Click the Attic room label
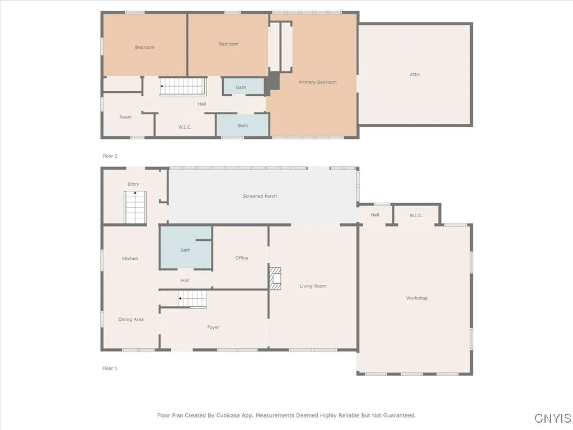click(x=415, y=74)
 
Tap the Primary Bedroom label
click(x=317, y=82)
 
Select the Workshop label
click(x=416, y=298)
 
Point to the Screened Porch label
click(x=260, y=197)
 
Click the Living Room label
click(x=313, y=286)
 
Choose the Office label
click(x=241, y=258)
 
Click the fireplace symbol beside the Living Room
click(x=275, y=278)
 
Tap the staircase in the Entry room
click(x=135, y=207)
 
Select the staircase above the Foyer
click(x=192, y=299)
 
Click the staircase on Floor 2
click(x=184, y=87)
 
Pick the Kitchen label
click(x=130, y=259)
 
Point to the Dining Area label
click(x=131, y=320)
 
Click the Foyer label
click(x=213, y=328)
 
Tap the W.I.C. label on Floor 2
click(x=185, y=127)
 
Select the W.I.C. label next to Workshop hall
click(x=416, y=216)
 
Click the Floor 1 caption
click(x=110, y=368)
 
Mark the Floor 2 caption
click(x=110, y=156)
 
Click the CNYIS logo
click(x=552, y=418)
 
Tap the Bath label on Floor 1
click(x=185, y=250)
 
